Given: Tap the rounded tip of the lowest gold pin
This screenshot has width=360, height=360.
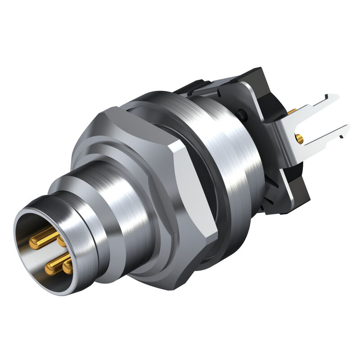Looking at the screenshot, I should click(x=68, y=268).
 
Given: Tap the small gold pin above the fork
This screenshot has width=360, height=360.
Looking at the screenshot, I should click(x=292, y=110).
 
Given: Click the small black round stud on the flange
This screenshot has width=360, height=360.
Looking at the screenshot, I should click(x=243, y=114).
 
